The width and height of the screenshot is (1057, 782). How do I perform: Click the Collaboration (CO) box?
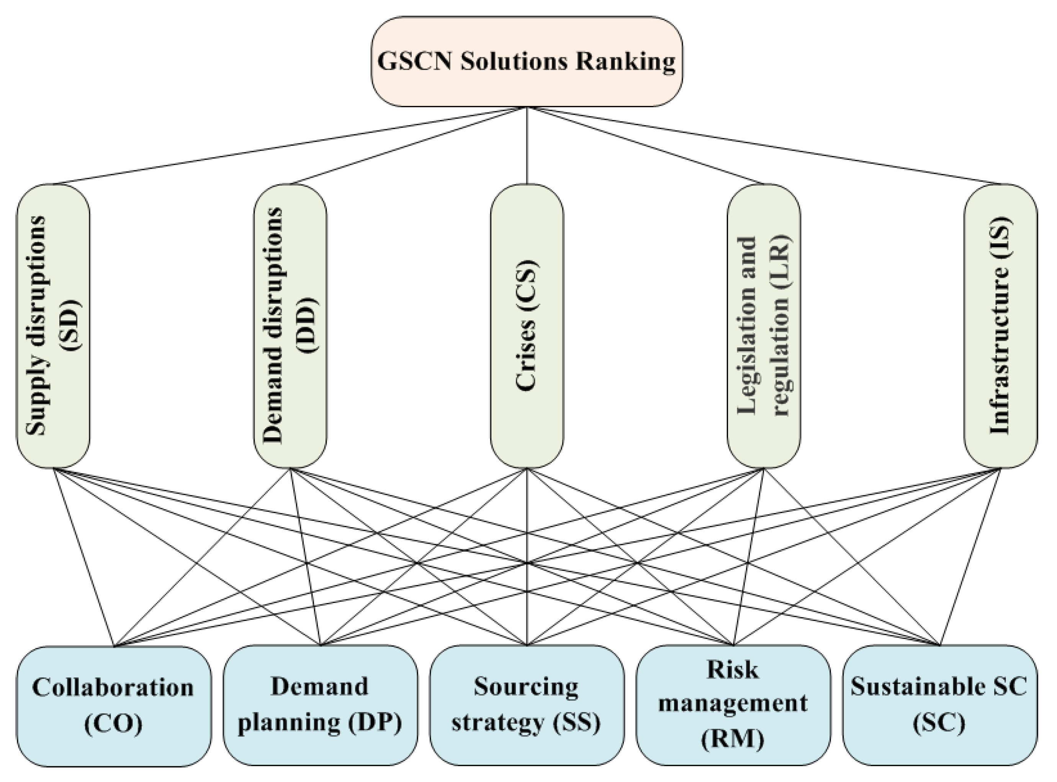click(x=114, y=705)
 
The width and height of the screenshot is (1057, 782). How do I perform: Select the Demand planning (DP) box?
click(x=320, y=705)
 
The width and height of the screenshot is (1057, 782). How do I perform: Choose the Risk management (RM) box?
click(x=733, y=705)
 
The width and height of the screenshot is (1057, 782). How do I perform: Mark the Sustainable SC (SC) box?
click(x=939, y=705)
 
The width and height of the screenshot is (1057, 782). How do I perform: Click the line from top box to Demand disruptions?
click(x=408, y=145)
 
